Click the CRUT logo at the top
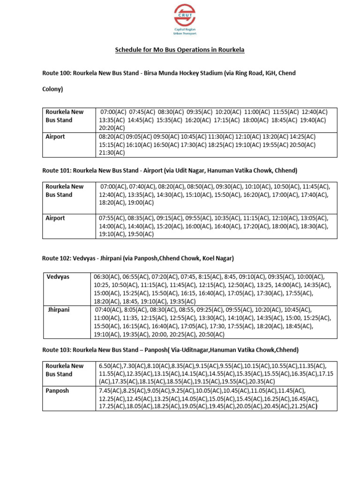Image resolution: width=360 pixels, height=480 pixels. pos(185,19)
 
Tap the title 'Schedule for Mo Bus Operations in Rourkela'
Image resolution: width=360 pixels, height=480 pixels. pos(180,50)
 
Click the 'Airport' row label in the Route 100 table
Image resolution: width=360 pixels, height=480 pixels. pos(55,137)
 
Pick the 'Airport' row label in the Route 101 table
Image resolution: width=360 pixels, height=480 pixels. pos(55,218)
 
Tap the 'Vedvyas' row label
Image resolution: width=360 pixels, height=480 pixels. pos(58,277)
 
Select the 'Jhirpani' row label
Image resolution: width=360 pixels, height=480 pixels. pos(59,310)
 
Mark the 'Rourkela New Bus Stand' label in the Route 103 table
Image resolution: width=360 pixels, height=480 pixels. pos(64,370)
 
